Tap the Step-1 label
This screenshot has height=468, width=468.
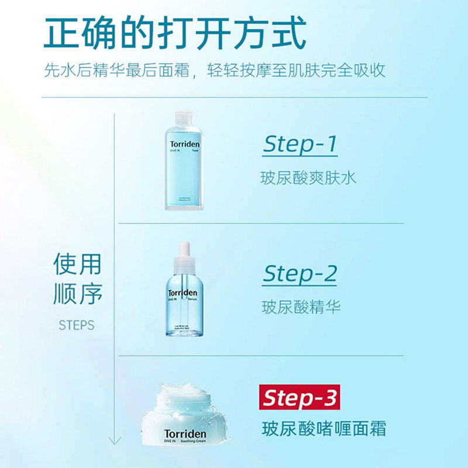coord(300,144)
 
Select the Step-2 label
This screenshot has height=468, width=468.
coord(300,273)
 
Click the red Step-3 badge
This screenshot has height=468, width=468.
coord(300,398)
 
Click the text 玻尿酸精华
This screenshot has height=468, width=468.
coord(301,307)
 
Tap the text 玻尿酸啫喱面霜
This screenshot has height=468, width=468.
coord(324,429)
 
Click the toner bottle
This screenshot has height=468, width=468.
coord(185,161)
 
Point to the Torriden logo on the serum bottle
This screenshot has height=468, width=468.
coord(183,292)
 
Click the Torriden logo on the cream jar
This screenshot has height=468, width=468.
coord(185,434)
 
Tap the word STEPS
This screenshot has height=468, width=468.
coord(76,325)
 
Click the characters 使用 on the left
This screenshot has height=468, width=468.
coord(77,264)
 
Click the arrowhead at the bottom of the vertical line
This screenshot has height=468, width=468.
coord(114,440)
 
